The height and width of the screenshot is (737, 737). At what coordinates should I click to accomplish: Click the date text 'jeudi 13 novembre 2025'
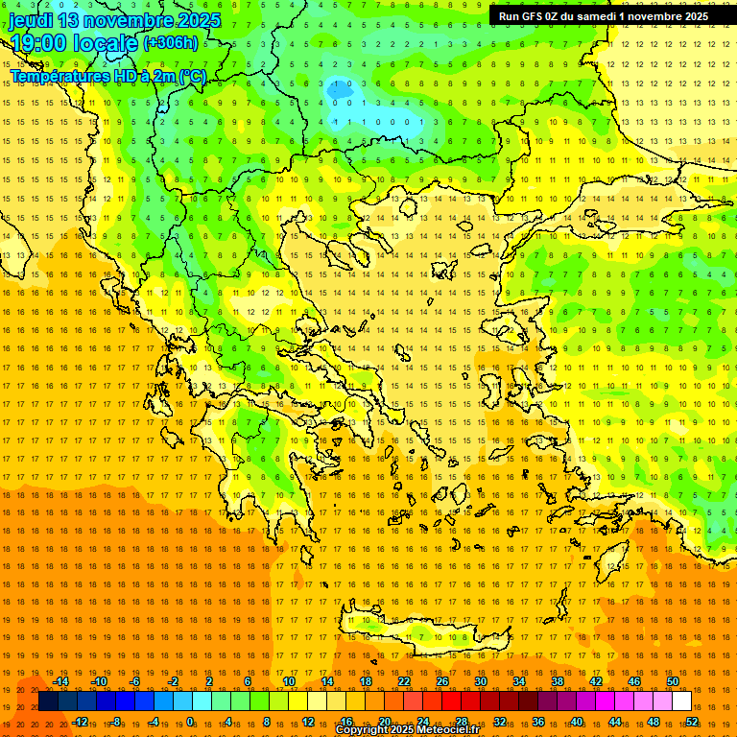114,20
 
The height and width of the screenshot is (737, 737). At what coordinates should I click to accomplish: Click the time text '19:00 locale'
75,43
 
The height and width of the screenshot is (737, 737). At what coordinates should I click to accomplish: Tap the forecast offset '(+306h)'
171,42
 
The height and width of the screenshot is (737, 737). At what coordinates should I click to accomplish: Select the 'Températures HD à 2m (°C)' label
108,76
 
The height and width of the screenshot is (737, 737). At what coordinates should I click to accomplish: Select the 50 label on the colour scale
673,681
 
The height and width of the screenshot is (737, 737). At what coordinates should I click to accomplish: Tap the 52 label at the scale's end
692,721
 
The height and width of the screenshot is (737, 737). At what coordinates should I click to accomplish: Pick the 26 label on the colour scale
442,681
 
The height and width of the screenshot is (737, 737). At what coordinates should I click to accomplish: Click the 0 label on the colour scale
190,721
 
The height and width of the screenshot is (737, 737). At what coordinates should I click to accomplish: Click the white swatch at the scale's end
682,701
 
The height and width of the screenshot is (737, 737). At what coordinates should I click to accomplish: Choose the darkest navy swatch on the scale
48,701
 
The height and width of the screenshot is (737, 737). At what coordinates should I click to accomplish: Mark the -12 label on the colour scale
81,721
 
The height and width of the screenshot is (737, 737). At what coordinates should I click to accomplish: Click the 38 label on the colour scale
558,681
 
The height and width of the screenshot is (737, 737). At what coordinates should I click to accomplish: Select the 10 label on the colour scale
289,681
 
